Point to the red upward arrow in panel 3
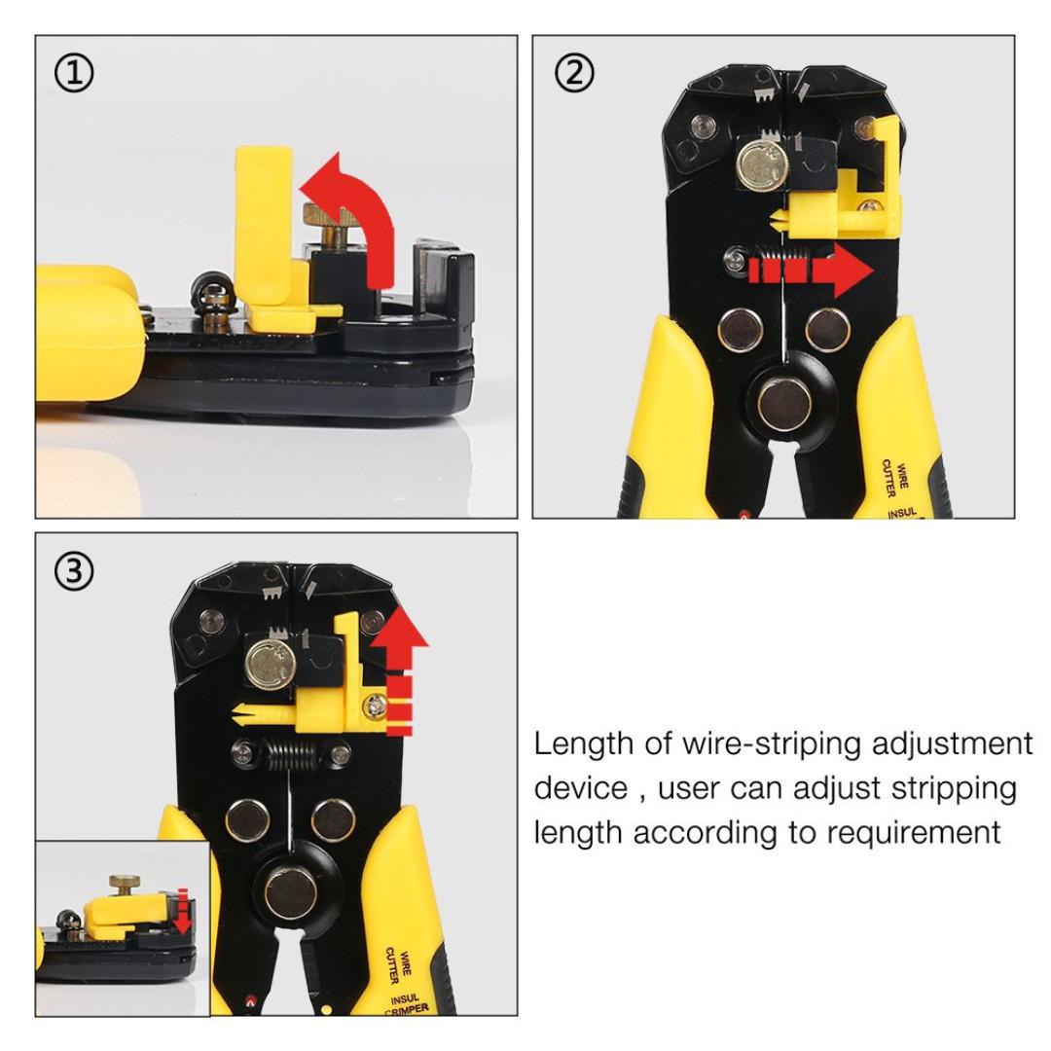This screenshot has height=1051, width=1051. point(402,671)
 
